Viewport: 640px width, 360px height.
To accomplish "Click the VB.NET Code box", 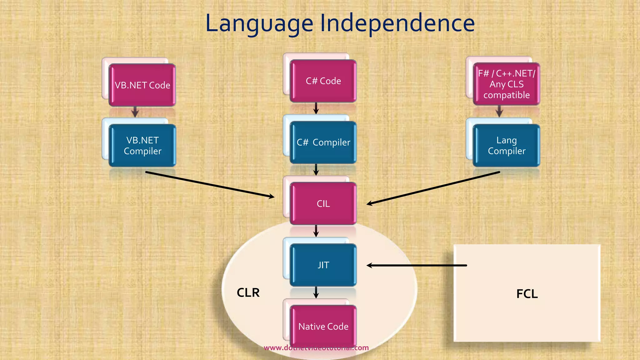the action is point(142,85).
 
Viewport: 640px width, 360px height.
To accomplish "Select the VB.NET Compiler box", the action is point(142,146).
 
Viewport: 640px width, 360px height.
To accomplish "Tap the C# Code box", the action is point(323,81).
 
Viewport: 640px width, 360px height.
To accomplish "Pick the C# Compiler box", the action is point(323,142).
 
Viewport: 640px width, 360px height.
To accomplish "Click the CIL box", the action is point(323,204).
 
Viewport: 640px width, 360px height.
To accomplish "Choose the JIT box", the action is point(323,265).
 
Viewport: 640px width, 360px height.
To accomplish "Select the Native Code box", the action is point(323,326).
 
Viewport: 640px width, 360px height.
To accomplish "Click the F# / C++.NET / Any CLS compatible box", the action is point(506,84).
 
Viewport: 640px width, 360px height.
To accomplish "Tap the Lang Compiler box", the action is point(506,146).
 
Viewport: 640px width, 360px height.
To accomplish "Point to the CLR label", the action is point(248,293).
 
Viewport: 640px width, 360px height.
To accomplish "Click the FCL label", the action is point(527,294).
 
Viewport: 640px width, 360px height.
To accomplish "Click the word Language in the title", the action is point(259,24).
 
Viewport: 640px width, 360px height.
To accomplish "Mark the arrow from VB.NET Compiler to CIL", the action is point(209,184).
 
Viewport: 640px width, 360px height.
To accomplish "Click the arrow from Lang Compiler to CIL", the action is point(433,188).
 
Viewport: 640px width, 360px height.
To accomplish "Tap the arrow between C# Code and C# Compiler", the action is point(316,108).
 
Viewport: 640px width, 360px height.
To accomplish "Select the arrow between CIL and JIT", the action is point(316,231).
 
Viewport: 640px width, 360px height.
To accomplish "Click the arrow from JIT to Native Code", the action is point(316,292).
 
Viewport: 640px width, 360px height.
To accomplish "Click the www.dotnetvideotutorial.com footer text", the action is point(316,348).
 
